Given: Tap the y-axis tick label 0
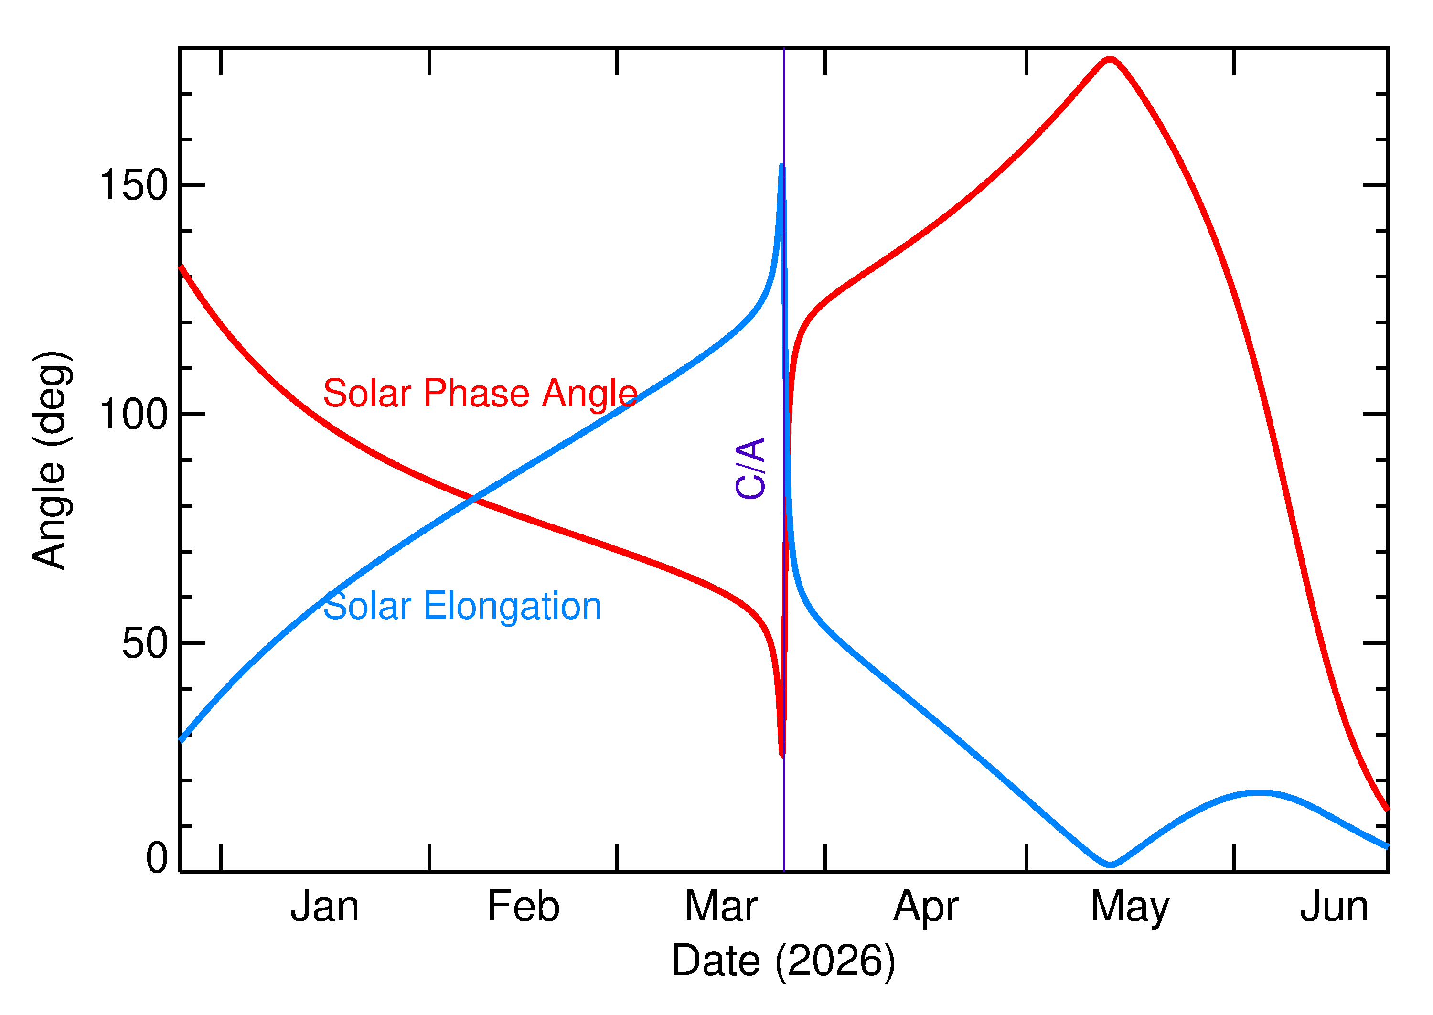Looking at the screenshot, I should pyautogui.click(x=157, y=858).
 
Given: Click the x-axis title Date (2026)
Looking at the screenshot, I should pyautogui.click(x=783, y=961).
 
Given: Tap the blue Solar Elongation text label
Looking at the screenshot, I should pyautogui.click(x=462, y=606).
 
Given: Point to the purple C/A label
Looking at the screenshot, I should pyautogui.click(x=750, y=468).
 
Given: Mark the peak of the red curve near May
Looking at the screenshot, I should pyautogui.click(x=1109, y=59).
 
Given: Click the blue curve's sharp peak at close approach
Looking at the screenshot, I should pyautogui.click(x=782, y=166).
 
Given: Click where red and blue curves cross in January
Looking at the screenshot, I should pyautogui.click(x=474, y=499).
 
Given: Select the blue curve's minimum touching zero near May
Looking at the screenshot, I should pyautogui.click(x=1110, y=865).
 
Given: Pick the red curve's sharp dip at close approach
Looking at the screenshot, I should pyautogui.click(x=782, y=756).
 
